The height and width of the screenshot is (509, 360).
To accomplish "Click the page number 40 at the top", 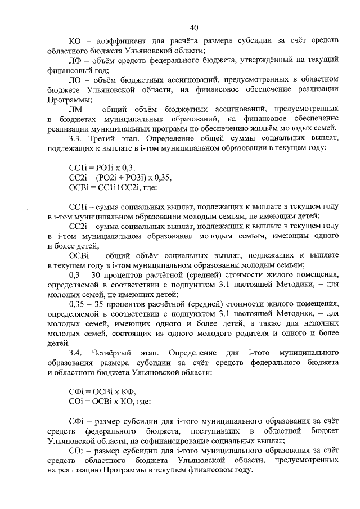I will (193, 27).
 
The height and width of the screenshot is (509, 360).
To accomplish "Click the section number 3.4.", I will (75, 353).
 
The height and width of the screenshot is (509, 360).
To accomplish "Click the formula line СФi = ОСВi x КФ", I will (101, 391).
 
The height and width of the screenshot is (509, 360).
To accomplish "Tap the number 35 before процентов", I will (104, 304).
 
